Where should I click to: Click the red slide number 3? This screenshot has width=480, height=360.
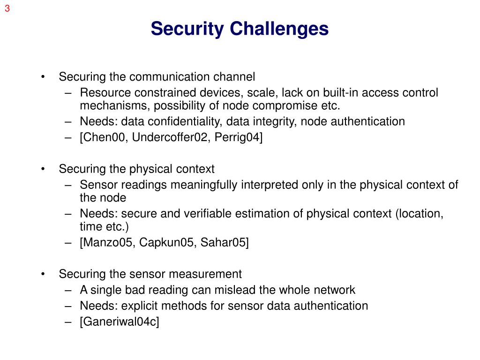[7, 8]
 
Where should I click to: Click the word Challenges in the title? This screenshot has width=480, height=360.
[279, 29]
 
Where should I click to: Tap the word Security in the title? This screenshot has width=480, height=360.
[187, 29]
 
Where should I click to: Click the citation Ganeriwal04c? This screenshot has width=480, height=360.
[120, 322]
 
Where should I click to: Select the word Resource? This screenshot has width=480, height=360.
[101, 93]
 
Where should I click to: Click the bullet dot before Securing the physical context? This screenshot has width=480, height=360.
[44, 169]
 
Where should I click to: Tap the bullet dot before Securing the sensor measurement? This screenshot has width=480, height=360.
[44, 274]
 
